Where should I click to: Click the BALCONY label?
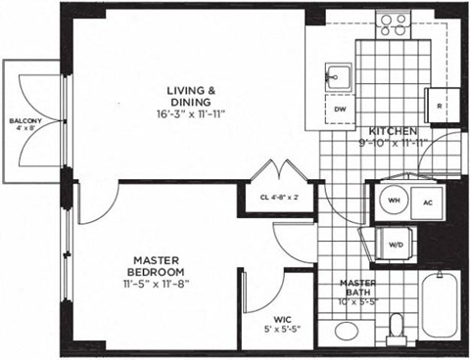coord(24,120)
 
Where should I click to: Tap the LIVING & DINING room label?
coord(191,95)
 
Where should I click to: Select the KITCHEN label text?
coord(394,131)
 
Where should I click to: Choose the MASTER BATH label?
coord(358,285)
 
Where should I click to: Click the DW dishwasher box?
coord(340,110)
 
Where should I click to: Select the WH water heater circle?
coord(393,200)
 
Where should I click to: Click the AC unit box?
coord(427,202)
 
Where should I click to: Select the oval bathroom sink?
coord(348,331)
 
